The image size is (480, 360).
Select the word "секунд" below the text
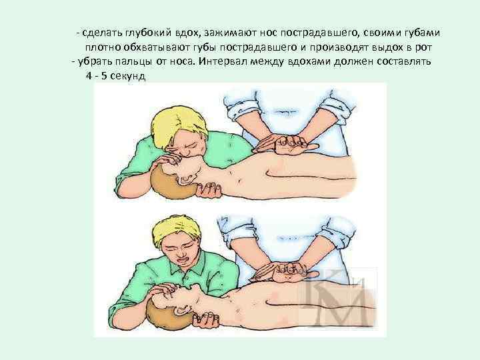tap(127, 75)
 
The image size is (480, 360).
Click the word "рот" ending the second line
tap(423, 47)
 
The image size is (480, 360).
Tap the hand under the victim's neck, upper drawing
tap(209, 190)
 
